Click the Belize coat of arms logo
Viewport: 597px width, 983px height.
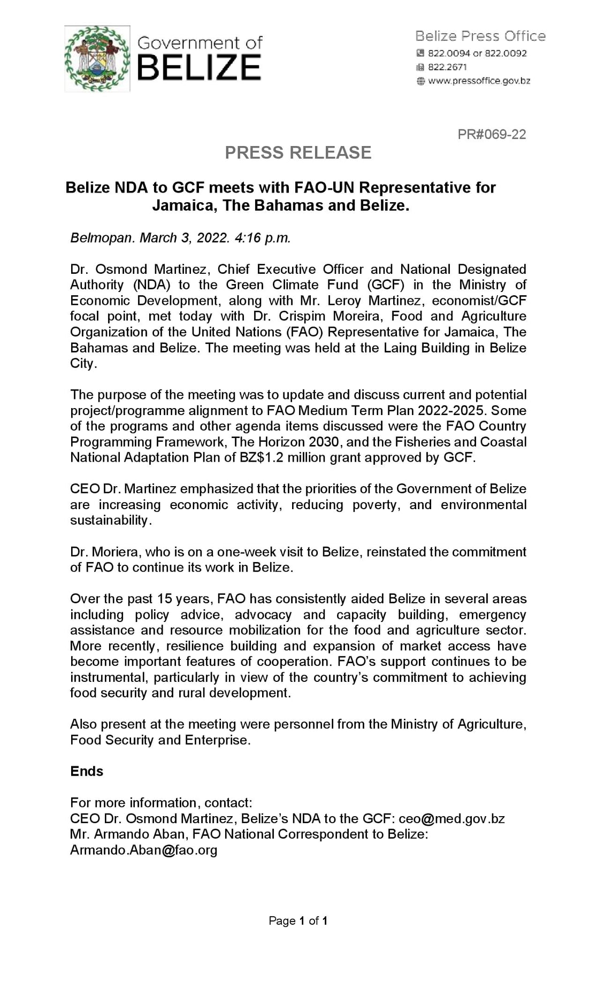click(97, 59)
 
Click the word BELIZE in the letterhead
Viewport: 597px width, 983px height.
click(199, 68)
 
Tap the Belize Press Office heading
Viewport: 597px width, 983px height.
click(480, 36)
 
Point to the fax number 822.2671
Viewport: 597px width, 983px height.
click(447, 67)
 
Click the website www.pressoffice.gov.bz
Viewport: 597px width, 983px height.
click(479, 81)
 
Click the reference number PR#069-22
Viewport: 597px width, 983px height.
click(492, 134)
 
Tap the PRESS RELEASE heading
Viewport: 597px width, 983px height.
click(298, 153)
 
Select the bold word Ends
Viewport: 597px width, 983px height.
click(87, 771)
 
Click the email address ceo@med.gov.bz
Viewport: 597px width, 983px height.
click(451, 819)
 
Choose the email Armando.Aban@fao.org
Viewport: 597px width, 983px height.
click(143, 850)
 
